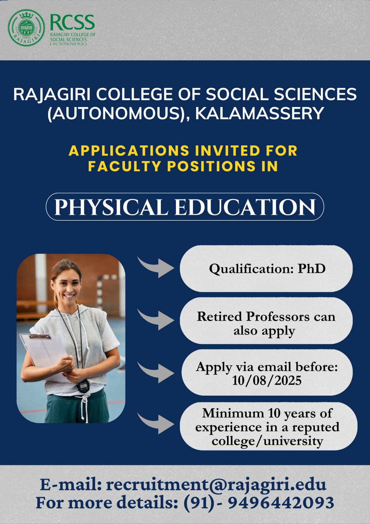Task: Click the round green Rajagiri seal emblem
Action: (26, 28)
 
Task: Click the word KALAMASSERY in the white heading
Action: (259, 113)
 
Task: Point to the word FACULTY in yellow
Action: (125, 166)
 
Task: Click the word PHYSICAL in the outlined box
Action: (111, 207)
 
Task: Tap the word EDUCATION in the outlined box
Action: (245, 207)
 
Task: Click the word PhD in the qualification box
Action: (311, 269)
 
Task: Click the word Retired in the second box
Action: (220, 316)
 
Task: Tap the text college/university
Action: (268, 441)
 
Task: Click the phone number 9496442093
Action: (281, 502)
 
